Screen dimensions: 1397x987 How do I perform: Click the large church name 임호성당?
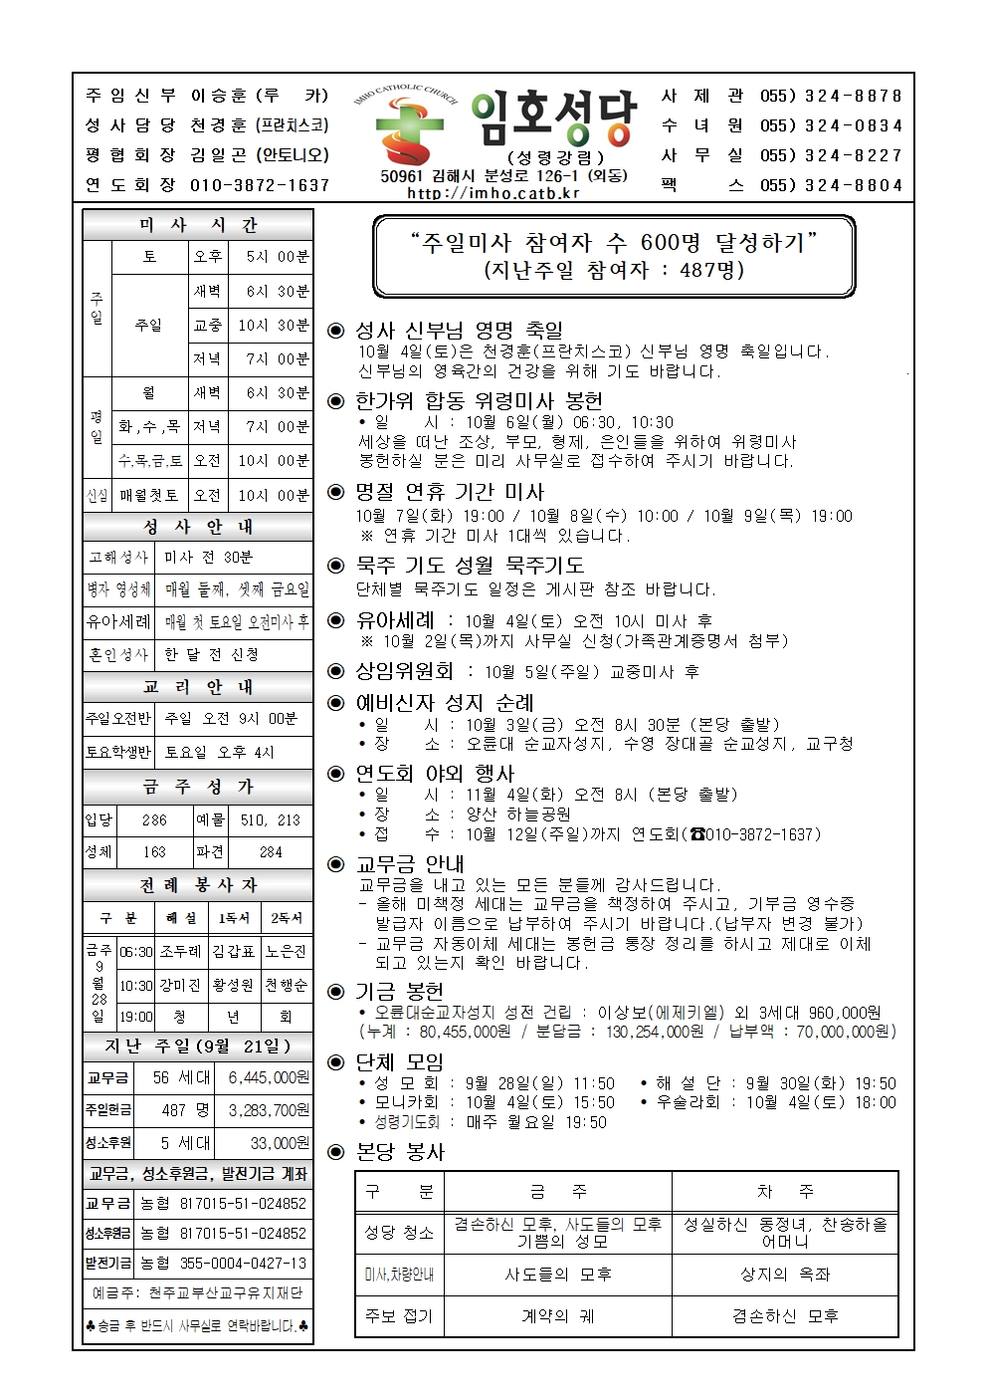[553, 119]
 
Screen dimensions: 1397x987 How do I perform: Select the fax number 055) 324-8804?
[831, 185]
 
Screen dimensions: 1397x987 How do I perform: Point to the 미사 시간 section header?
[198, 225]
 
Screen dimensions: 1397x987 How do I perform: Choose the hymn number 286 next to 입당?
[154, 820]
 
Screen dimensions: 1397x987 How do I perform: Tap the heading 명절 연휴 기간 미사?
[450, 492]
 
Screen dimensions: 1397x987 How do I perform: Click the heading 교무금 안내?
[410, 864]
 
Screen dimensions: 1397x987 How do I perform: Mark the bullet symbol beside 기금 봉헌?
[336, 992]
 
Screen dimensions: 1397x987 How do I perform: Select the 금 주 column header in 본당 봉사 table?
[558, 1191]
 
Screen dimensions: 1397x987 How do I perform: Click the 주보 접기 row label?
[399, 1316]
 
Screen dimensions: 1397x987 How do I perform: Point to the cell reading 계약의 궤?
[558, 1316]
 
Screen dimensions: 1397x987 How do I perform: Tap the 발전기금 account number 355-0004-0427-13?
[243, 1264]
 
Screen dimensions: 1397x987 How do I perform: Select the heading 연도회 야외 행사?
[435, 774]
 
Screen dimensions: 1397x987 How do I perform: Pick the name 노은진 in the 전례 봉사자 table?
[286, 952]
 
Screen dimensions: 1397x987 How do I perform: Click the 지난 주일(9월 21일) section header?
[198, 1047]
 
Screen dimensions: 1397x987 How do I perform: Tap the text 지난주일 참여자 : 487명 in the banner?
[614, 270]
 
